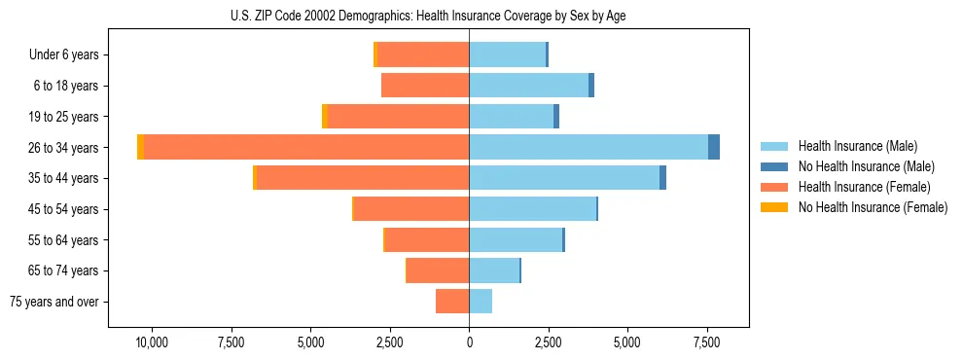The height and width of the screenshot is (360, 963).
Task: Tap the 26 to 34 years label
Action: pyautogui.click(x=64, y=148)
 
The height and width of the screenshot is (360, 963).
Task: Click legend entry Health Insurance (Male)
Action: pyautogui.click(x=857, y=146)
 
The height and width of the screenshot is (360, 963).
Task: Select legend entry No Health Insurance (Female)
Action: pyautogui.click(x=873, y=207)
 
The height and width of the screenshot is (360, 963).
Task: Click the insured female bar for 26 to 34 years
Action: pyautogui.click(x=306, y=147)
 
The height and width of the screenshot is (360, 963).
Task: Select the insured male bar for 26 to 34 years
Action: pyautogui.click(x=588, y=147)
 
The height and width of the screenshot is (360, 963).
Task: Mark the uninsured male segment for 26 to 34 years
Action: pyautogui.click(x=714, y=147)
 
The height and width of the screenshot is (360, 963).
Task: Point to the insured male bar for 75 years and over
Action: pyautogui.click(x=481, y=302)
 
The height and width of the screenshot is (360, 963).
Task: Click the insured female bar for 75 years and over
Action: pyautogui.click(x=452, y=302)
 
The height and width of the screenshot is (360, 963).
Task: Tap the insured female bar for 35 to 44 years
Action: pyautogui.click(x=363, y=178)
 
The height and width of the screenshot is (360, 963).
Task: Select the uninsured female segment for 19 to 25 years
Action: pyautogui.click(x=325, y=117)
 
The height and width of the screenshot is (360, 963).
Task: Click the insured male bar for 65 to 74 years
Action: pyautogui.click(x=494, y=270)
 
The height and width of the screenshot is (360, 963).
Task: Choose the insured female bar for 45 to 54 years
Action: pyautogui.click(x=411, y=209)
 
